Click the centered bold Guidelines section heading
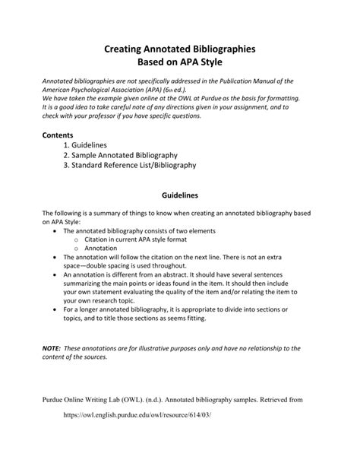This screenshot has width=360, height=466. (x=180, y=195)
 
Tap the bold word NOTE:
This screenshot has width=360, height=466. (x=52, y=347)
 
